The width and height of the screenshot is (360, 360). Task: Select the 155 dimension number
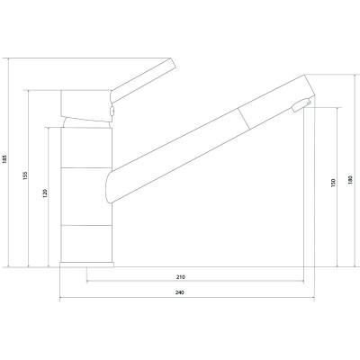25,175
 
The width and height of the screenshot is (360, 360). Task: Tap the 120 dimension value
45,193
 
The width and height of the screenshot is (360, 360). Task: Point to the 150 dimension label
333,183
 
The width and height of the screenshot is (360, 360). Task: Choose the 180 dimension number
350,179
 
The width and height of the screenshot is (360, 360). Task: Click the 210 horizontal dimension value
181,277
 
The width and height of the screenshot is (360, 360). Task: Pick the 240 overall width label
179,292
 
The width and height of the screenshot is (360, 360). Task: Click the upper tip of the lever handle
170,58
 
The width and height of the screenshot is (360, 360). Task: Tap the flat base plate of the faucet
86,265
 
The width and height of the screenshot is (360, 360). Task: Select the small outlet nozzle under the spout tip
301,105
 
